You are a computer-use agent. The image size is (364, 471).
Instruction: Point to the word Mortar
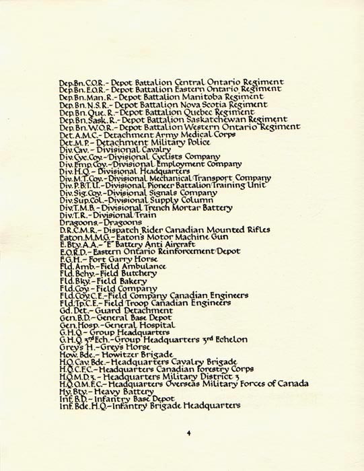click(x=185, y=207)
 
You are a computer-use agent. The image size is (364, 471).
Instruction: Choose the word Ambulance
click(x=145, y=266)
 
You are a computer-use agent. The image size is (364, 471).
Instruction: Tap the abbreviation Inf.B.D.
click(x=73, y=398)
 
